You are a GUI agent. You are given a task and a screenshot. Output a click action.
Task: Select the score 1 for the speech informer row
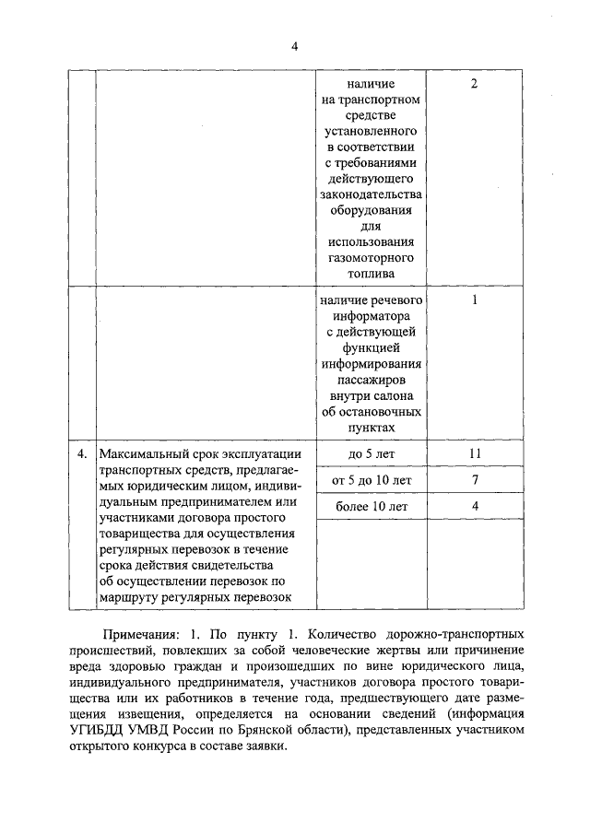tap(474, 301)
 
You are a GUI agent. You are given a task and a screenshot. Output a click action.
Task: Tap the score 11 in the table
tap(474, 454)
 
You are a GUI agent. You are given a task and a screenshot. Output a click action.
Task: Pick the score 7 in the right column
tap(474, 480)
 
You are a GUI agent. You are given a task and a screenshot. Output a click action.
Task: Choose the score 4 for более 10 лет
tap(474, 506)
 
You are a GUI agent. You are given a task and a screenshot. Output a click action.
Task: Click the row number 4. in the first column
tap(82, 453)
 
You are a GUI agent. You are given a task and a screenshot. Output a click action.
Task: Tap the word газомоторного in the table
tap(372, 257)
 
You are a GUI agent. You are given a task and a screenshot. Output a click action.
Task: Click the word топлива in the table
tap(372, 274)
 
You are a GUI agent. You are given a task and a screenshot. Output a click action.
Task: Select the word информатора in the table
tap(372, 318)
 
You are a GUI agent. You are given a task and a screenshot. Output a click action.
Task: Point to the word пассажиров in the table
tap(372, 379)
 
